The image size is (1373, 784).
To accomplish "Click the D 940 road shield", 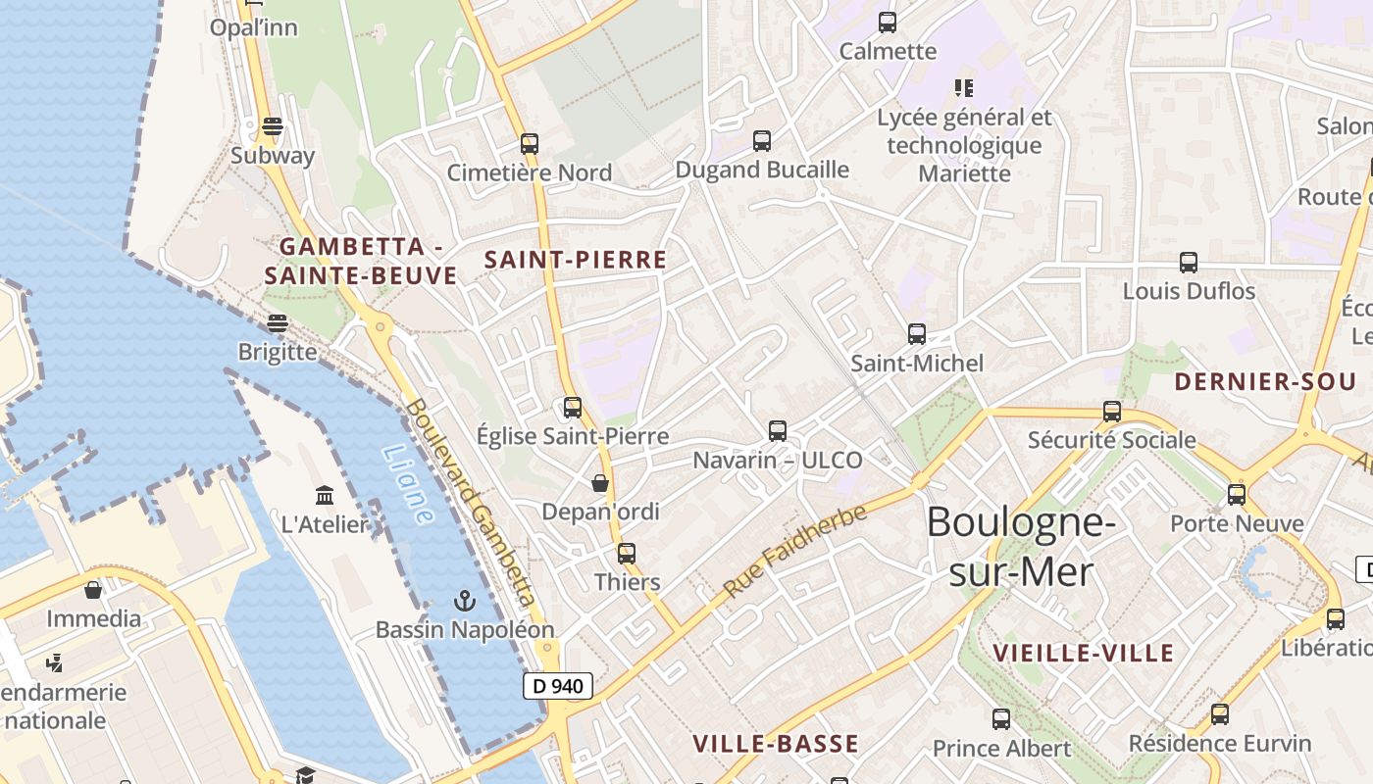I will [x=558, y=686].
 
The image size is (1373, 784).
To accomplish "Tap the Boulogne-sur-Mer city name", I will [x=1021, y=546].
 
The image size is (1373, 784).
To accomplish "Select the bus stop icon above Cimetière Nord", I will [x=530, y=144].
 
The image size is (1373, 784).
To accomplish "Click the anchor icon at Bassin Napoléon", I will [x=465, y=600].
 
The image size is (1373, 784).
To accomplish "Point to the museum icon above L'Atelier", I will [x=325, y=495].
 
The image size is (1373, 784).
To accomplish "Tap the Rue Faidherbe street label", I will [x=795, y=550].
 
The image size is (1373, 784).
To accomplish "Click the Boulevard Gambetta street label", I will [x=471, y=501].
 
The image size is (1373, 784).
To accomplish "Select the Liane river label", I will [x=408, y=484].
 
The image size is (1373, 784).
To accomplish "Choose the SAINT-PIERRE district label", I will [x=576, y=260].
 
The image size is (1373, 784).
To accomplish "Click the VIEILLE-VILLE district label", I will [x=1083, y=653].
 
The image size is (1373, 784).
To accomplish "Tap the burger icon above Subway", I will [x=273, y=126].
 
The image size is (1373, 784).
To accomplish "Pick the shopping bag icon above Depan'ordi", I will [x=600, y=483].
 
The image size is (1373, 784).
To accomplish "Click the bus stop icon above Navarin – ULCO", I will [x=778, y=430].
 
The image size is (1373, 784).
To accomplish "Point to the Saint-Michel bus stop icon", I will [x=917, y=334].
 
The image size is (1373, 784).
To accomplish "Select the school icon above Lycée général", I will [x=964, y=88].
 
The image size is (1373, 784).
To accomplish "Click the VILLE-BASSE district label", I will [x=776, y=744].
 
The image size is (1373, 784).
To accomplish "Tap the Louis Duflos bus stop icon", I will [x=1189, y=263].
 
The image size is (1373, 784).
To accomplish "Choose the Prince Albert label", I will [x=1001, y=749].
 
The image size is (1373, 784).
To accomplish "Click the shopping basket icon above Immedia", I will [x=93, y=590].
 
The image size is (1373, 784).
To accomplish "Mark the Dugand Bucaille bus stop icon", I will [x=762, y=141].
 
